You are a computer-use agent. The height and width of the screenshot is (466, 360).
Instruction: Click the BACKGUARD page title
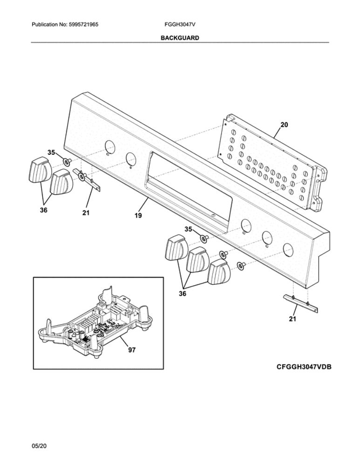pyautogui.click(x=180, y=38)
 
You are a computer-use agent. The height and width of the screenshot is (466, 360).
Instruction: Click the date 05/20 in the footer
pyautogui.click(x=39, y=447)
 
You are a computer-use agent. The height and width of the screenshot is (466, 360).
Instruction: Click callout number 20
pyautogui.click(x=284, y=125)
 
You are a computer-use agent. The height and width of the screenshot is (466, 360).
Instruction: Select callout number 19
pyautogui.click(x=138, y=215)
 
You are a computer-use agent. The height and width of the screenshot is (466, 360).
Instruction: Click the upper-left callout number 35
pyautogui.click(x=52, y=152)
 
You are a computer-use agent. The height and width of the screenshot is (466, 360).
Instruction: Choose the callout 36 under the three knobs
pyautogui.click(x=182, y=294)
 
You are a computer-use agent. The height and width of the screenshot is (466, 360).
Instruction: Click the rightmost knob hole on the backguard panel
pyautogui.click(x=288, y=248)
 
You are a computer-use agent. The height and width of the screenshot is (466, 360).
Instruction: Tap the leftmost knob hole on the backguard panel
pyautogui.click(x=109, y=146)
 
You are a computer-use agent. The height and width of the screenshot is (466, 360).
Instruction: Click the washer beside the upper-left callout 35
pyautogui.click(x=67, y=162)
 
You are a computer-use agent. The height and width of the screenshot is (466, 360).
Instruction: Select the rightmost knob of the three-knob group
pyautogui.click(x=219, y=272)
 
